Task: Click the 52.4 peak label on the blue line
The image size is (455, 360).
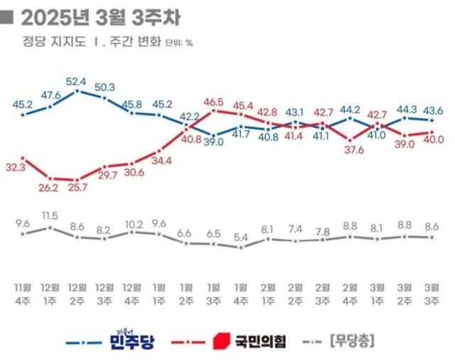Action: pyautogui.click(x=77, y=80)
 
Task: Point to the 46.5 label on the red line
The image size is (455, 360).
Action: pyautogui.click(x=214, y=102)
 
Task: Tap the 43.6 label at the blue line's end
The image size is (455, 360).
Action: pyautogui.click(x=433, y=110)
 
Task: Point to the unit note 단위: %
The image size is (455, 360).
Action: pyautogui.click(x=179, y=43)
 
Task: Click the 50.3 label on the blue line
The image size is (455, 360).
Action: pyautogui.click(x=105, y=88)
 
